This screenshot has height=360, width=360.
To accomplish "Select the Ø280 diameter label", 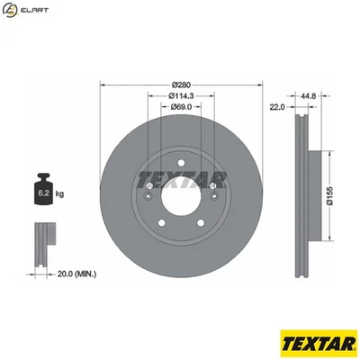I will pyautogui.click(x=179, y=86).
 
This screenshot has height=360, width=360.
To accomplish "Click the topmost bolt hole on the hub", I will pyautogui.click(x=180, y=163).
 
